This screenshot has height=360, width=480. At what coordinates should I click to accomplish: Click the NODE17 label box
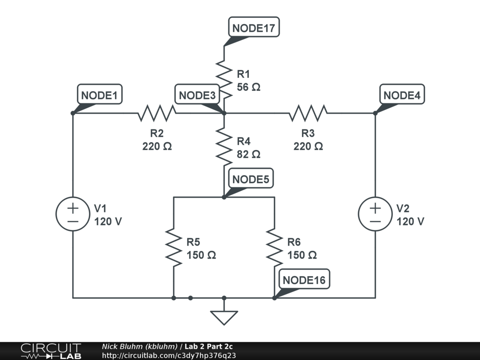coord(254,27)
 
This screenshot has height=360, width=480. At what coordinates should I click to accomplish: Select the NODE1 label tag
coord(99,94)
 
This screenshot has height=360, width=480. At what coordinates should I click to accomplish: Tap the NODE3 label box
coord(197,94)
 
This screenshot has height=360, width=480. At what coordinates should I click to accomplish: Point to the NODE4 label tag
coord(402,94)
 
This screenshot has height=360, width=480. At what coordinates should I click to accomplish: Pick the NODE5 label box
coord(251,179)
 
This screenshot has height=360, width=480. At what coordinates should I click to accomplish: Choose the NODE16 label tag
coord(304,279)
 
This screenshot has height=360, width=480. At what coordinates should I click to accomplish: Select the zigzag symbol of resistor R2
coord(157,113)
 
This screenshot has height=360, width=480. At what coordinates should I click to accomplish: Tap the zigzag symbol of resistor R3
coord(308,113)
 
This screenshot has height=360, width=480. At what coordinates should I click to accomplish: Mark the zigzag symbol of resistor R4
coord(224,147)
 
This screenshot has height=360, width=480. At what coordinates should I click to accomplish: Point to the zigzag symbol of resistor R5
coord(173,247)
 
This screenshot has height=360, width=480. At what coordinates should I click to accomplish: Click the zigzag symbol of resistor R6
coord(274,247)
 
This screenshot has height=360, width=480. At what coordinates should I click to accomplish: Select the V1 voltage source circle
coord(73,214)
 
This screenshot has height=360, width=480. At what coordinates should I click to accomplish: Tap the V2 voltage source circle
coord(375,214)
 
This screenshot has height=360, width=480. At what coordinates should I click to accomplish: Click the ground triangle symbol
coord(224,318)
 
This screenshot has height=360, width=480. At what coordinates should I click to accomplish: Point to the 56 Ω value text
coord(248,87)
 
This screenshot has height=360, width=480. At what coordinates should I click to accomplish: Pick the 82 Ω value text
coord(248,154)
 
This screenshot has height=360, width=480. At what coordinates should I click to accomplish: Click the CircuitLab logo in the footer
coord(51,351)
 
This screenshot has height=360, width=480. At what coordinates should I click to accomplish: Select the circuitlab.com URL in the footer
coord(169,355)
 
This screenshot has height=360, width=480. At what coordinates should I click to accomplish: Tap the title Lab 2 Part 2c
coord(209,346)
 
